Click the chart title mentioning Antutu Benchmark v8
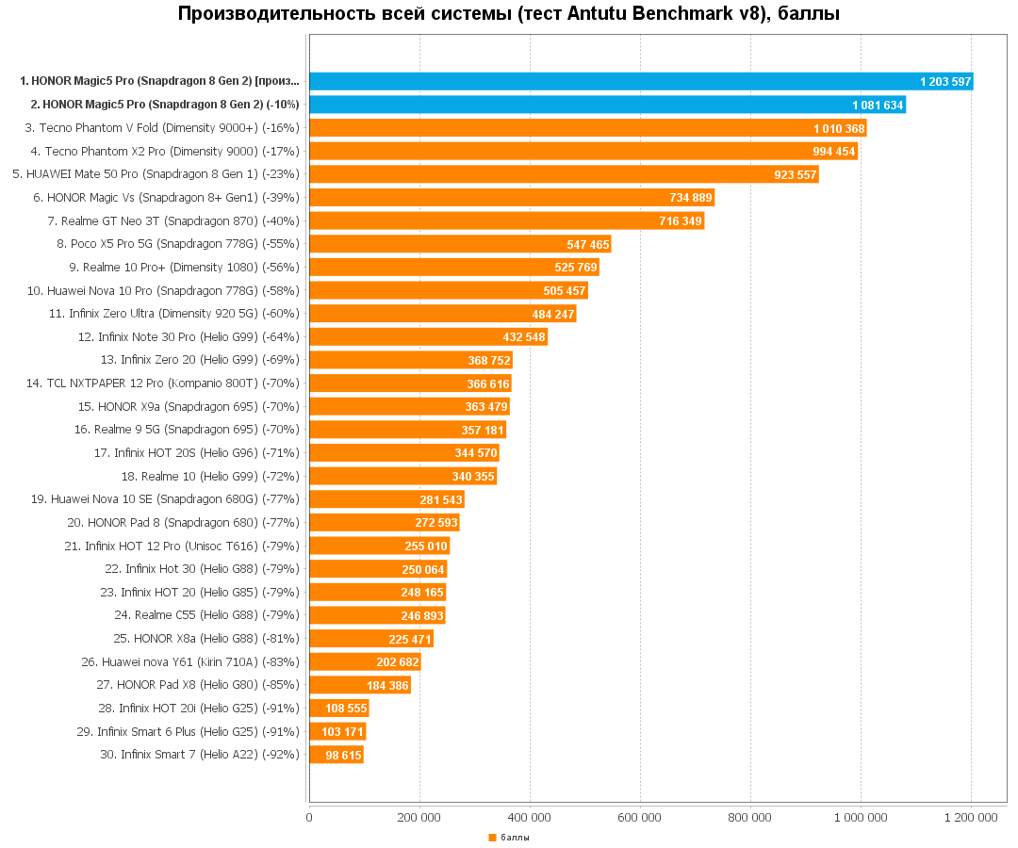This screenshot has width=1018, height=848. click(509, 14)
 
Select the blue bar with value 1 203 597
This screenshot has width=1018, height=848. click(641, 81)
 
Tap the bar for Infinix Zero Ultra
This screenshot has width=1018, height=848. click(442, 314)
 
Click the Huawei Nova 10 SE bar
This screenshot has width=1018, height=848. click(386, 499)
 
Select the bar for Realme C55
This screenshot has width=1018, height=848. click(377, 615)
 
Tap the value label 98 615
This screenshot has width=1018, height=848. click(343, 756)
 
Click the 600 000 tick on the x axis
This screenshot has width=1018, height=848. click(640, 818)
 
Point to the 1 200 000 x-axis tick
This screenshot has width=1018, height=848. click(971, 818)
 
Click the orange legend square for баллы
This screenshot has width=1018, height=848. click(492, 838)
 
